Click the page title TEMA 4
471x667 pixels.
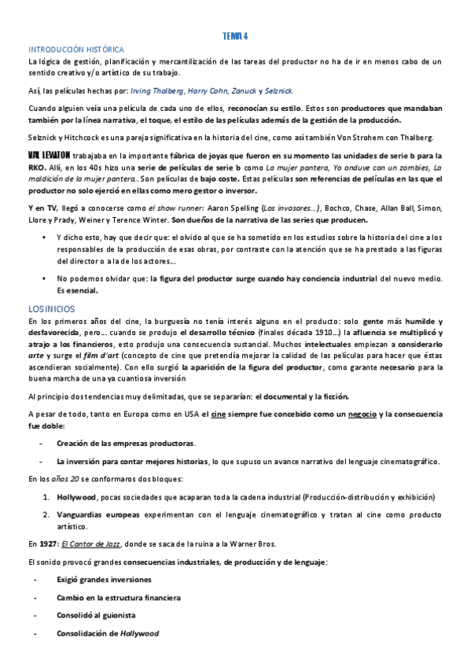235,37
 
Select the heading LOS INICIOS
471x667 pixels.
51,308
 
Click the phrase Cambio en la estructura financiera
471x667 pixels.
118,598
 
